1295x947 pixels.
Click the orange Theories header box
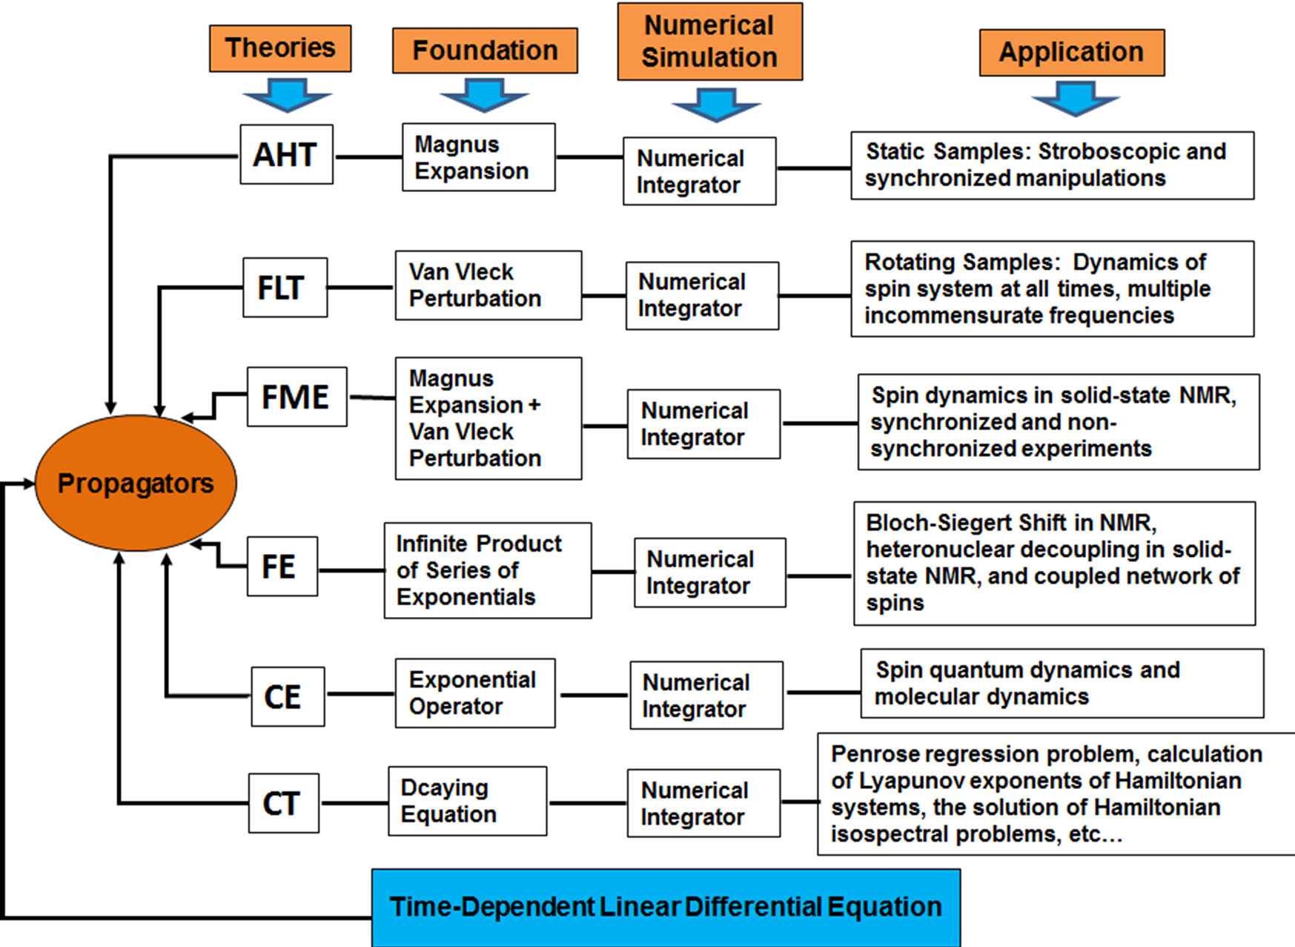pyautogui.click(x=280, y=48)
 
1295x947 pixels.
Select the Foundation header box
pyautogui.click(x=485, y=50)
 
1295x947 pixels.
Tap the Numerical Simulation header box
pyautogui.click(x=709, y=42)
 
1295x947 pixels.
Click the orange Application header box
pyautogui.click(x=1071, y=52)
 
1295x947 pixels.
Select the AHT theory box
pyautogui.click(x=286, y=154)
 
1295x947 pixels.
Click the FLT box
pyautogui.click(x=285, y=288)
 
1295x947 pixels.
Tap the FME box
pyautogui.click(x=297, y=397)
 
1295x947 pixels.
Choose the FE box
pyautogui.click(x=282, y=567)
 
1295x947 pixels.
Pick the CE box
pyautogui.click(x=287, y=696)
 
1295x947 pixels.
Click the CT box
pyautogui.click(x=283, y=803)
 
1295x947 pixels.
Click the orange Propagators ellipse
pyautogui.click(x=136, y=483)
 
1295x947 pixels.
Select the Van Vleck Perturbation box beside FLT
pyautogui.click(x=488, y=286)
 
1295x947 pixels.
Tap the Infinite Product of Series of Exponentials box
pyautogui.click(x=487, y=570)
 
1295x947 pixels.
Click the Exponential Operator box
pyautogui.click(x=474, y=693)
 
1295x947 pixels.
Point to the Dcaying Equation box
pyautogui.click(x=467, y=801)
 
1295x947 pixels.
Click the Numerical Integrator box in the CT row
pyautogui.click(x=703, y=803)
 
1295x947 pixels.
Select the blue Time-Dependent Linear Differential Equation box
pyautogui.click(x=666, y=907)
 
